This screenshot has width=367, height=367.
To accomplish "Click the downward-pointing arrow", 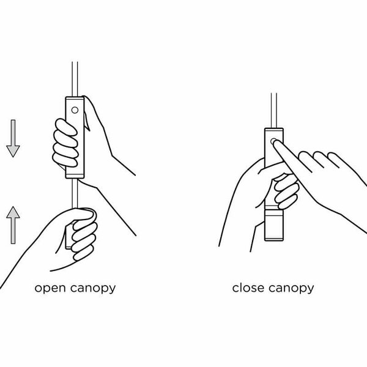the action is click(13, 138).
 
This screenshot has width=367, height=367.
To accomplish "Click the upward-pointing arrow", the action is click(13, 225).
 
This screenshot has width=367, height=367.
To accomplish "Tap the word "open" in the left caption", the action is click(50, 289).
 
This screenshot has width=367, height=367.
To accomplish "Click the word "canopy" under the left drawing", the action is click(93, 289).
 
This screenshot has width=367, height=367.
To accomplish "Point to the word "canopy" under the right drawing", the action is click(291, 289).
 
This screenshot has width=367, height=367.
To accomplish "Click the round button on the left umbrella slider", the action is click(75, 110).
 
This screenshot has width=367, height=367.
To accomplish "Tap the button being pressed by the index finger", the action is click(273, 141).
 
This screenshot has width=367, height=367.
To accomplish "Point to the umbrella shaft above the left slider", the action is click(75, 79).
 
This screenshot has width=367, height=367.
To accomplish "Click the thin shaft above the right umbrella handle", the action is click(274, 111).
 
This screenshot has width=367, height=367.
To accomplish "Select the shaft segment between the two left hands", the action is click(75, 193).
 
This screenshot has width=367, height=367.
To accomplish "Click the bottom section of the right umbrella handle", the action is click(274, 225).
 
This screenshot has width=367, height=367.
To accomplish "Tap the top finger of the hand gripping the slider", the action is click(66, 127).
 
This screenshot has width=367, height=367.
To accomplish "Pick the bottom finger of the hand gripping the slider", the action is click(65, 160).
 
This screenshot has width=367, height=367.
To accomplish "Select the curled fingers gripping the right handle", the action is click(286, 191).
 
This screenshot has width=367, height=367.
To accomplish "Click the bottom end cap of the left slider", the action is click(75, 176).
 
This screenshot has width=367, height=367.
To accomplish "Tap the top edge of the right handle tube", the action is click(274, 128).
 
